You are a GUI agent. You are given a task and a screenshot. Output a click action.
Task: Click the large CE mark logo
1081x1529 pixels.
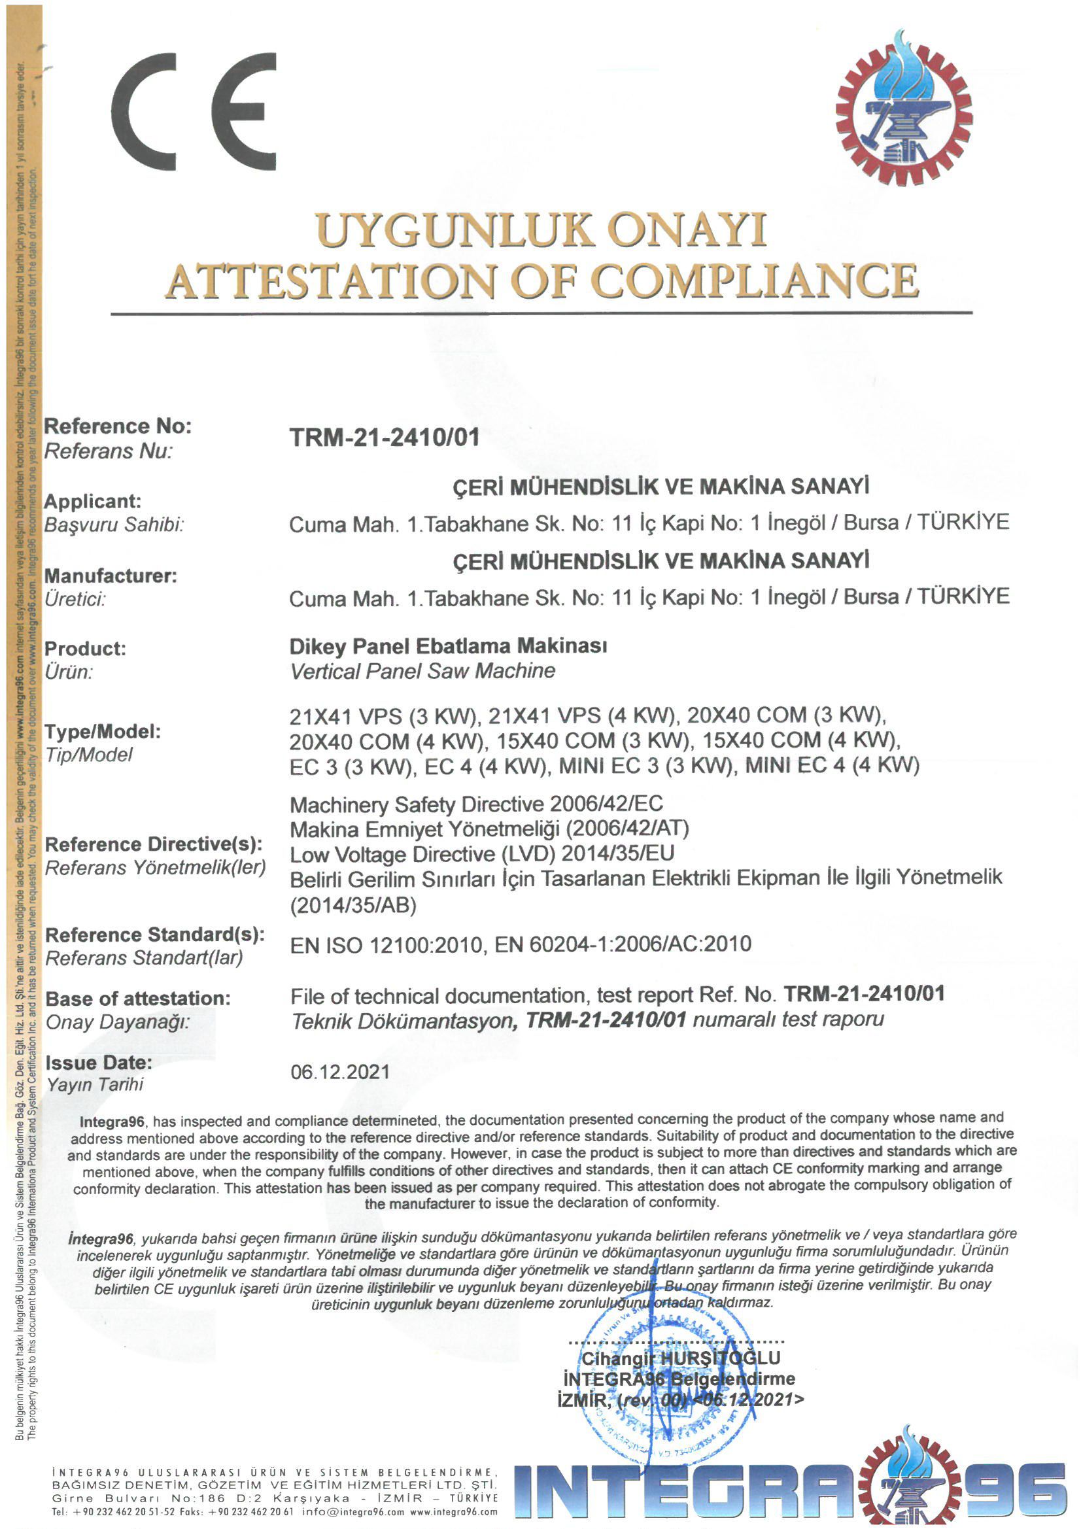193,111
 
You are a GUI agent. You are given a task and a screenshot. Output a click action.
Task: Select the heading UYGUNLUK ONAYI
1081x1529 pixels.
540,230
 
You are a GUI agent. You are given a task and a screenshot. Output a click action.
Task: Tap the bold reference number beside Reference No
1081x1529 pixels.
385,438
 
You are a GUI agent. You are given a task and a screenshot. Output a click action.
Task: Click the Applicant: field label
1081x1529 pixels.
93,501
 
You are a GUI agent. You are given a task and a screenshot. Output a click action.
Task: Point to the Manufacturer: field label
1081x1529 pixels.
111,576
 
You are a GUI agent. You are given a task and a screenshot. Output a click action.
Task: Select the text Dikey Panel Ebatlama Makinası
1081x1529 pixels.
447,645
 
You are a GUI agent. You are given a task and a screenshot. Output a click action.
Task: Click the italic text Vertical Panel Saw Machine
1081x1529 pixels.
422,670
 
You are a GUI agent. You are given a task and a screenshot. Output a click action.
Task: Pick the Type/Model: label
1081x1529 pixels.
103,731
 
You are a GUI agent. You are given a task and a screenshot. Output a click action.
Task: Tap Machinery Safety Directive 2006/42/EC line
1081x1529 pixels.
476,804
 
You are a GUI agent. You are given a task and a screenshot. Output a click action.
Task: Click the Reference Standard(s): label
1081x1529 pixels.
154,935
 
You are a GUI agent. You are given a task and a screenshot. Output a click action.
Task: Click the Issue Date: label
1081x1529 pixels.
99,1062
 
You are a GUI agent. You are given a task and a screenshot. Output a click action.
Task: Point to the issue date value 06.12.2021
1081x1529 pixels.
339,1072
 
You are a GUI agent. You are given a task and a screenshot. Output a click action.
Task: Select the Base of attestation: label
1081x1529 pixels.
138,998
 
